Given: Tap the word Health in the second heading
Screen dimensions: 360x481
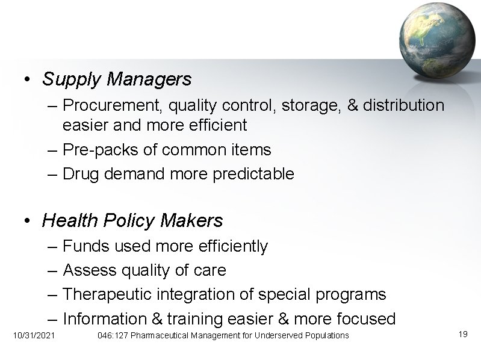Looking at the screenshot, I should [x=68, y=221].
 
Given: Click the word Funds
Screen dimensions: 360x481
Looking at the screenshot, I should [x=84, y=246].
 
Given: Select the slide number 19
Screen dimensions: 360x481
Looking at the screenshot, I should [x=462, y=334].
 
